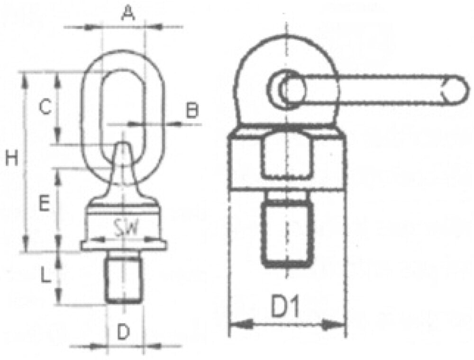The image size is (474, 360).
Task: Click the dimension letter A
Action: click(128, 13)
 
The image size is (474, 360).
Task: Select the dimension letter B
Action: click(192, 110)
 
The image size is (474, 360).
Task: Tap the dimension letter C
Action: click(46, 107)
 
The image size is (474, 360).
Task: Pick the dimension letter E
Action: click(44, 204)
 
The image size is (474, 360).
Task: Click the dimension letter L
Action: click(46, 275)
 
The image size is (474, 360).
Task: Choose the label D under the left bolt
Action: click(123, 332)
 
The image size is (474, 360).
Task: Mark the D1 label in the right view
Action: click(285, 307)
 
